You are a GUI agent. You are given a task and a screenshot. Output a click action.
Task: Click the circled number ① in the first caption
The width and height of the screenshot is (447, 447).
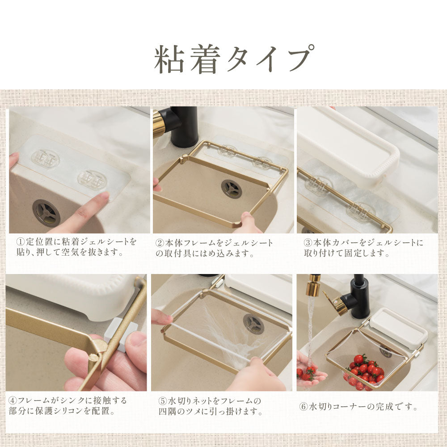(21, 242)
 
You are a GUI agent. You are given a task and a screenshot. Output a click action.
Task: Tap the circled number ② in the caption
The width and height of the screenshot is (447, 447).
(160, 243)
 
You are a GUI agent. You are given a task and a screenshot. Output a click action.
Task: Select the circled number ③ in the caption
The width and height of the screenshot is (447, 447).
(308, 243)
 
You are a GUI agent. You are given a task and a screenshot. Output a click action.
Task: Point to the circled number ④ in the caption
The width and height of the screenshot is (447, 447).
(13, 401)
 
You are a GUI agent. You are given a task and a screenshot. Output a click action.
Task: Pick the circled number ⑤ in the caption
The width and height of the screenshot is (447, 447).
(163, 401)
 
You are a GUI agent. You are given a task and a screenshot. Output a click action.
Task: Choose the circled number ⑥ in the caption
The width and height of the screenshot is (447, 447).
(304, 406)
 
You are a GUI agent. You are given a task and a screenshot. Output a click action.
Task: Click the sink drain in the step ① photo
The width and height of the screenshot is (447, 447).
(46, 213)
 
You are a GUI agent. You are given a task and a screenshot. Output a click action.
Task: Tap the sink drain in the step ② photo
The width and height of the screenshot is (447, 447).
(232, 189)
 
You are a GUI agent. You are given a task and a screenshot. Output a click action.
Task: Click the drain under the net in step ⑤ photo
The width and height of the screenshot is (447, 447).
(253, 323)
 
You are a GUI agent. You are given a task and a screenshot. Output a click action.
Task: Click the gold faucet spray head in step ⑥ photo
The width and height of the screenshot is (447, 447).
(312, 286)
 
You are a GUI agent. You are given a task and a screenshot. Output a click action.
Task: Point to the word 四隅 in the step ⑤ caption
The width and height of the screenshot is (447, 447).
(167, 412)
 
